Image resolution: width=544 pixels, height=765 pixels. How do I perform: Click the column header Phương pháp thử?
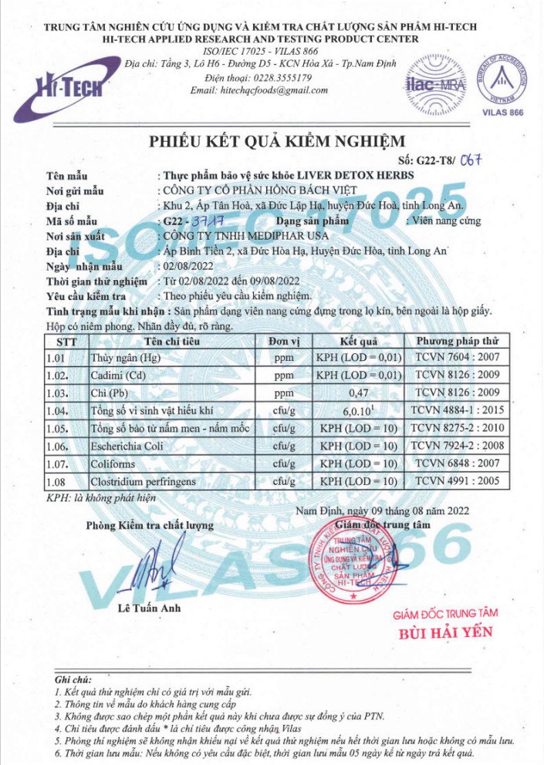click(457, 341)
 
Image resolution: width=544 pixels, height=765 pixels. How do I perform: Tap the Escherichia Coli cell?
click(127, 447)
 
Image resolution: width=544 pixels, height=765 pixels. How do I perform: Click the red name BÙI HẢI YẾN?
click(445, 634)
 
